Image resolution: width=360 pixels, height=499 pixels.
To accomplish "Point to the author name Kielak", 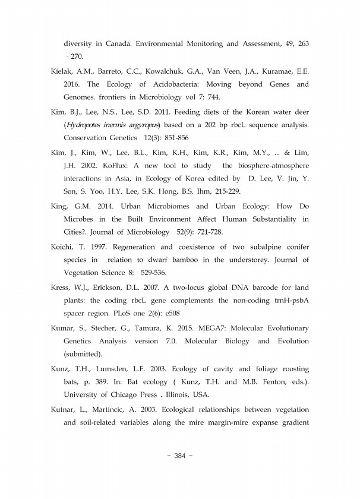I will [x=62, y=71].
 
